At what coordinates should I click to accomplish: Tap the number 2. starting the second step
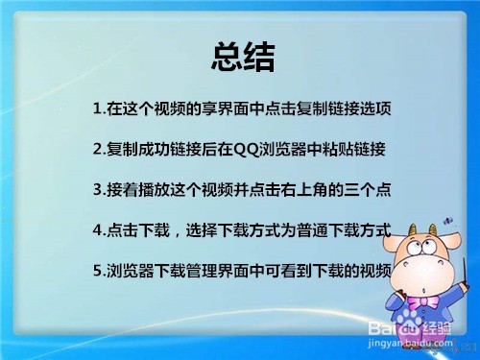[100, 150]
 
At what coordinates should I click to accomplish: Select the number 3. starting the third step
[100, 190]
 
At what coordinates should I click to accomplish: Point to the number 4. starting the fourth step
[100, 230]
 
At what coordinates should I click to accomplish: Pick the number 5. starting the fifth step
[100, 271]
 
